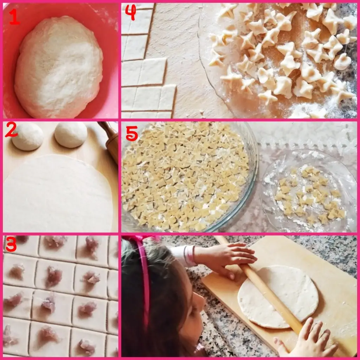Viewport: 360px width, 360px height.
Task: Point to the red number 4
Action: point(130,12)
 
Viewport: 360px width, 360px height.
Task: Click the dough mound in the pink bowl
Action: point(59,66)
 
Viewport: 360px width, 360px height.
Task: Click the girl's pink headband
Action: point(144,282)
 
